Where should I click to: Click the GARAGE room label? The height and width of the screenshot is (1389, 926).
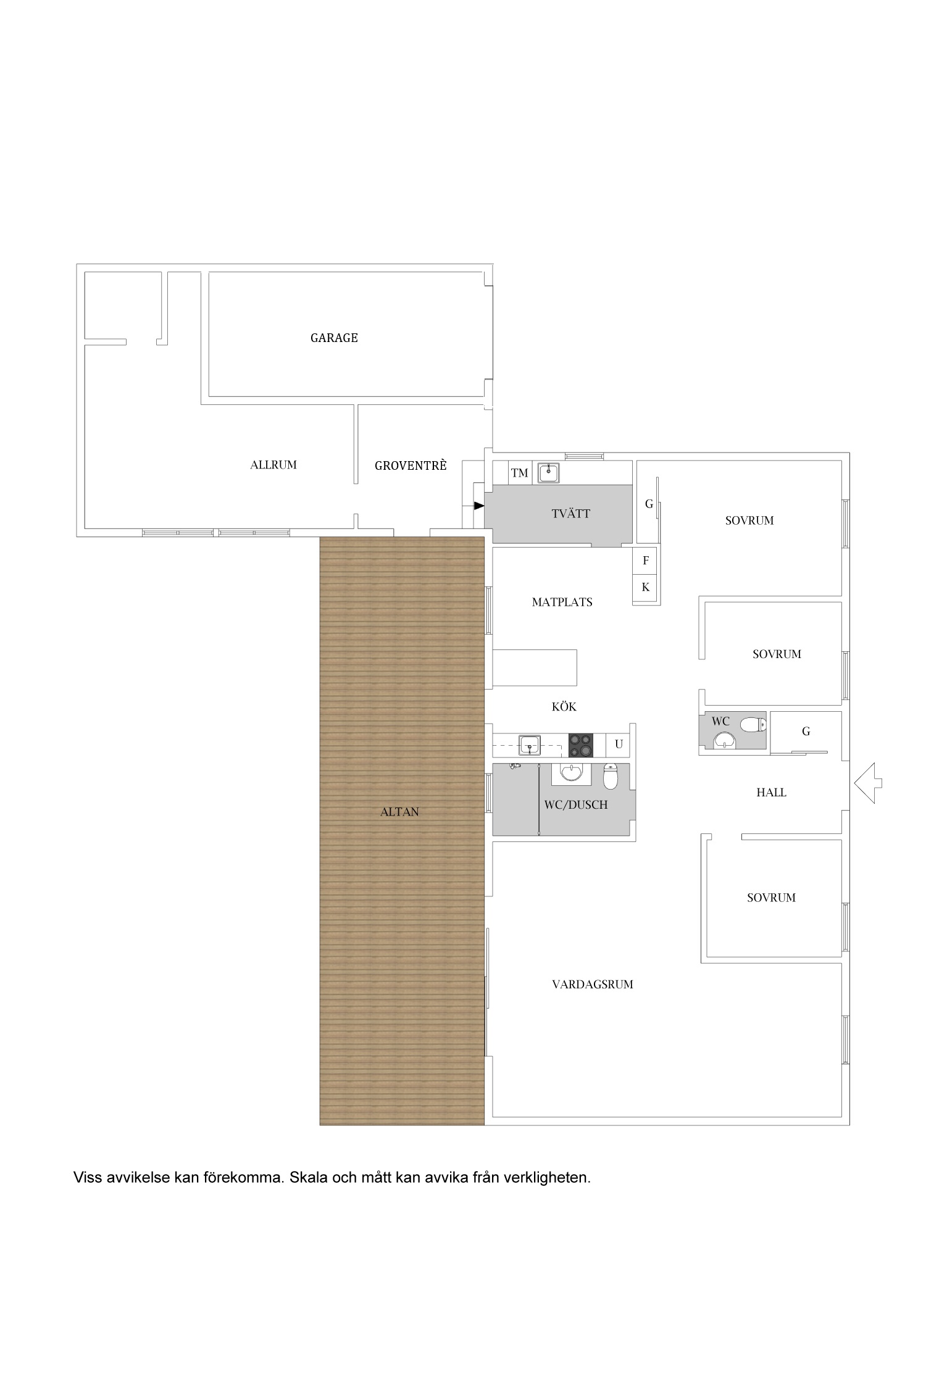334,338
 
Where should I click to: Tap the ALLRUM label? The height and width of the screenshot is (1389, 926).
273,465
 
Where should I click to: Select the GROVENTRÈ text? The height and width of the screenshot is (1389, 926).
411,465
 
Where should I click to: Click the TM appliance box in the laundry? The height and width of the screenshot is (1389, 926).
520,473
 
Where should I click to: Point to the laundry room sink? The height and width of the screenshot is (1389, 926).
548,473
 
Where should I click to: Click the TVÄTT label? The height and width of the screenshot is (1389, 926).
571,514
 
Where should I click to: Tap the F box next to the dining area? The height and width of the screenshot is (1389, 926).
646,561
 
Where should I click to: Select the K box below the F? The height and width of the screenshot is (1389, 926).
646,587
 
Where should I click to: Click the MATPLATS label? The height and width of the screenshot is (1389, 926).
562,602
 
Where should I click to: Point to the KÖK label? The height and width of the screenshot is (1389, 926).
564,706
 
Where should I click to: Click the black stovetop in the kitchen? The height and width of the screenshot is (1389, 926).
580,745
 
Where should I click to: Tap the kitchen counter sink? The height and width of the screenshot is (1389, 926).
530,745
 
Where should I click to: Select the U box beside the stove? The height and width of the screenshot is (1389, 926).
619,745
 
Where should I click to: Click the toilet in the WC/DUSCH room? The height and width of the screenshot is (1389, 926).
610,777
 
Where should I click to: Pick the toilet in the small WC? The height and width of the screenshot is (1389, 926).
753,724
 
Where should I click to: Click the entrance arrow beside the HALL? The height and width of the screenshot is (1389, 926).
869,783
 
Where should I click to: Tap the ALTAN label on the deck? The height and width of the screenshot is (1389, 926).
399,812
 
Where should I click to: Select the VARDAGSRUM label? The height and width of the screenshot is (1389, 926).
593,985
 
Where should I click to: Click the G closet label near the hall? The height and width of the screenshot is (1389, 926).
806,732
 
